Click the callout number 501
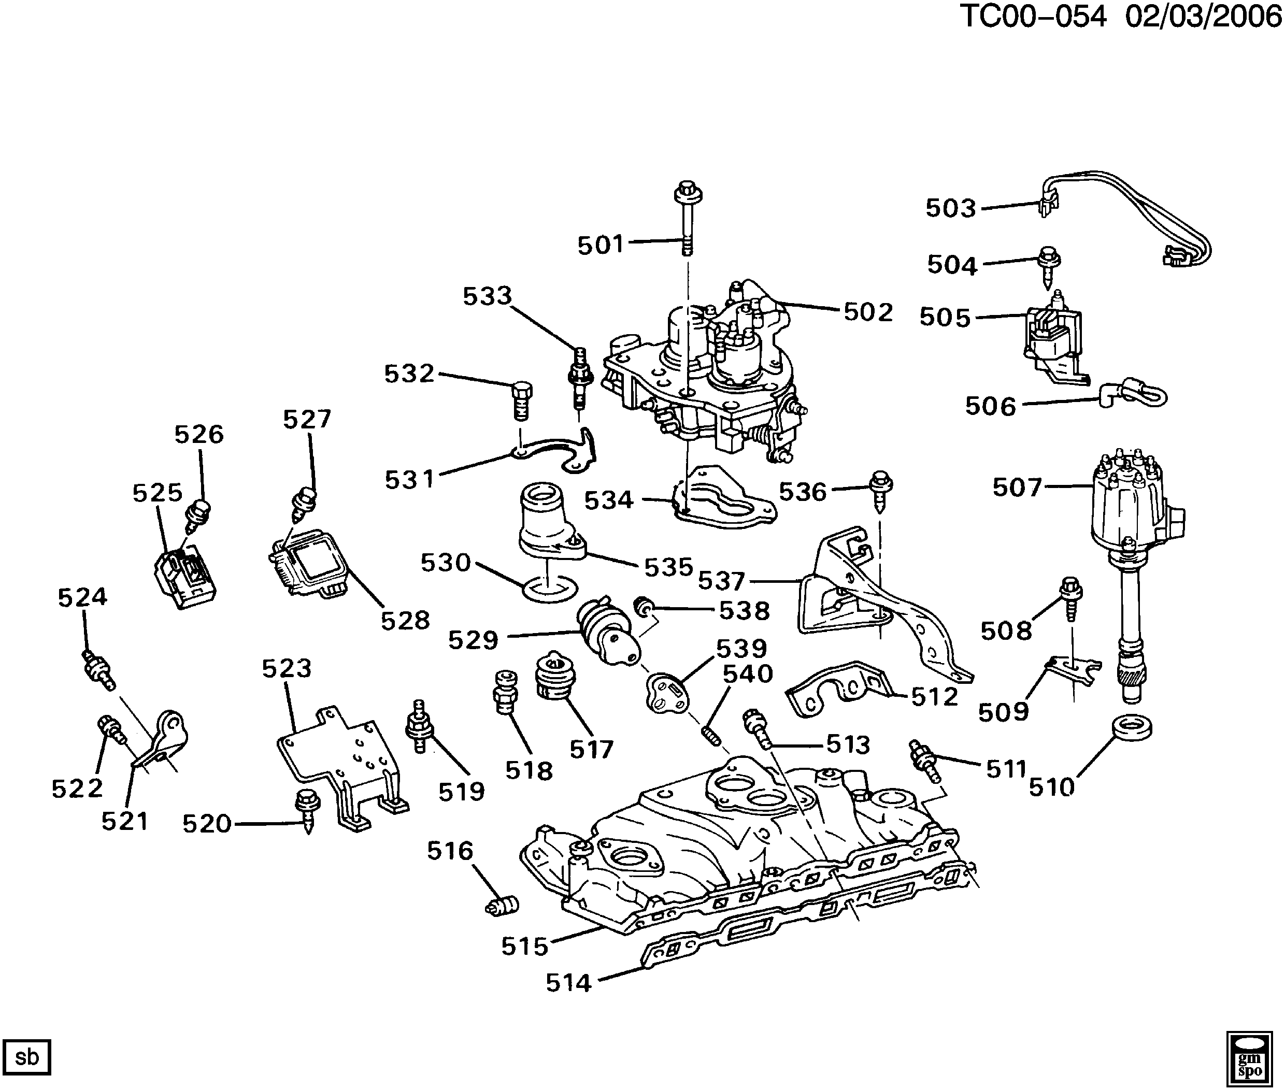[600, 246]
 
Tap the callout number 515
[524, 946]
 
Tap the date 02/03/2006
[1203, 17]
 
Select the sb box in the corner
[26, 1057]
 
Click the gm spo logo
[1249, 1057]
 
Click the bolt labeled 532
[522, 399]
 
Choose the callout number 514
[568, 982]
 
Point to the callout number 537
[721, 581]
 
